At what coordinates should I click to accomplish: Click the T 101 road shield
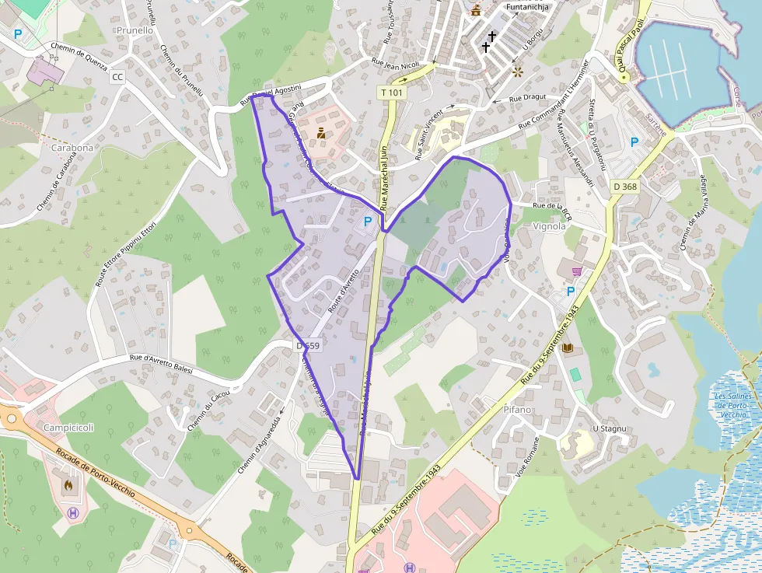pyautogui.click(x=393, y=93)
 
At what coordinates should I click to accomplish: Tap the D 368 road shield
pyautogui.click(x=624, y=186)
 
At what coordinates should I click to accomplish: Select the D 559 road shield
pyautogui.click(x=308, y=345)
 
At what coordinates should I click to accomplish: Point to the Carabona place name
pyautogui.click(x=72, y=147)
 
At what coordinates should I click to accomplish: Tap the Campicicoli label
pyautogui.click(x=68, y=428)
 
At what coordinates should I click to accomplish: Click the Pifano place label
pyautogui.click(x=517, y=409)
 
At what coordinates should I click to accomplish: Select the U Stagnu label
pyautogui.click(x=609, y=428)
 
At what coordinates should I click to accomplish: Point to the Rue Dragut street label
pyautogui.click(x=528, y=99)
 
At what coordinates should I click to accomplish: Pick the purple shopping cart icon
pyautogui.click(x=577, y=271)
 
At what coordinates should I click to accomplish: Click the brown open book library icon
pyautogui.click(x=568, y=348)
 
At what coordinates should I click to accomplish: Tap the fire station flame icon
pyautogui.click(x=68, y=484)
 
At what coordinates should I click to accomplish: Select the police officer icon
pyautogui.click(x=320, y=132)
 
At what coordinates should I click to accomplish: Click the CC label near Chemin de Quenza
pyautogui.click(x=117, y=77)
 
